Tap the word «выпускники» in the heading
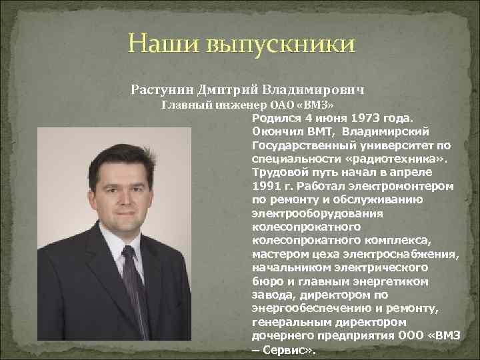(282, 46)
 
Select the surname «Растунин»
(161, 89)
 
